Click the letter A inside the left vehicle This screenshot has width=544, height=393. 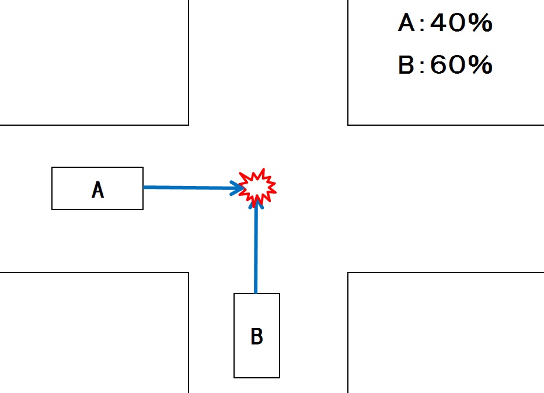98,190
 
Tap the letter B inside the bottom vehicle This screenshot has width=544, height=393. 256,337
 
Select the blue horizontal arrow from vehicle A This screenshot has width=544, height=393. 187,188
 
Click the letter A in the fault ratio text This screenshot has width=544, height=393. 406,24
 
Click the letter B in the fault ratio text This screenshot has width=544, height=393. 406,65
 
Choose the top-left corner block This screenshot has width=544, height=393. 93,61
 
